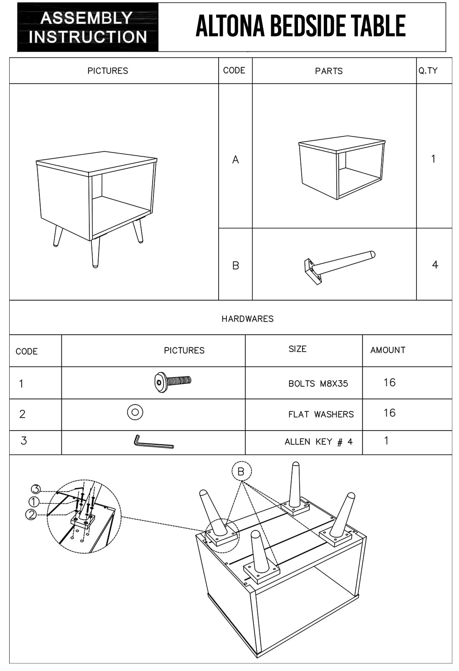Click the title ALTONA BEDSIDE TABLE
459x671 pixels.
click(x=300, y=26)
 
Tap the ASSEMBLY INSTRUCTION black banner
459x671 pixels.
click(x=88, y=27)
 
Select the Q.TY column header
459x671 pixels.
click(x=428, y=71)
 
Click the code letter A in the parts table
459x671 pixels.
click(x=235, y=159)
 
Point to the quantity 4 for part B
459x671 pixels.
click(x=435, y=265)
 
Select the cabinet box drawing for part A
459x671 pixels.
click(x=341, y=167)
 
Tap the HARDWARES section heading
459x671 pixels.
click(x=247, y=319)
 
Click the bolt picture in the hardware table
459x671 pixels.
click(x=172, y=381)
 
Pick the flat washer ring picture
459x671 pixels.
click(x=135, y=412)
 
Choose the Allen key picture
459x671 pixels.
click(x=153, y=442)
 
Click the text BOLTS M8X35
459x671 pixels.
click(x=318, y=383)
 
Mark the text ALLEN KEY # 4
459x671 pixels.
click(x=318, y=442)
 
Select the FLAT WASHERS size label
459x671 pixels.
click(x=321, y=414)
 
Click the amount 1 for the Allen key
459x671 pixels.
click(x=386, y=441)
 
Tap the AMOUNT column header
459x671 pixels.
click(x=388, y=350)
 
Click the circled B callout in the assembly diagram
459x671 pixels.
click(x=241, y=472)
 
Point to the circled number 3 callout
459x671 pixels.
click(x=36, y=489)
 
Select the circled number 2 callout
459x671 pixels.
click(x=31, y=515)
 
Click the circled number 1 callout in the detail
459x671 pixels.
click(x=34, y=502)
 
